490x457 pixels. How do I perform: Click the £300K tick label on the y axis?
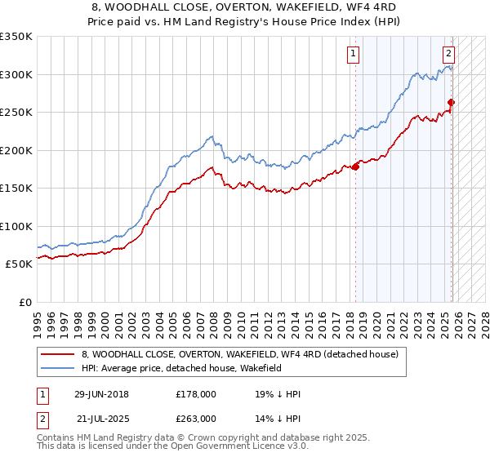point(16,74)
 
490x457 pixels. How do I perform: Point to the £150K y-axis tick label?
point(16,188)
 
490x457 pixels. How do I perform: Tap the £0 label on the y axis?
point(24,302)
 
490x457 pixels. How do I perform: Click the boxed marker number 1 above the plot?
point(353,55)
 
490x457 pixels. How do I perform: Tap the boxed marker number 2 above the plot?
point(449,55)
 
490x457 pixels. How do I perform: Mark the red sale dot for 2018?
point(355,167)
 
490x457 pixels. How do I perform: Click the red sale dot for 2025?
point(452,103)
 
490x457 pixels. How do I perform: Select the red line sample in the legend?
point(58,354)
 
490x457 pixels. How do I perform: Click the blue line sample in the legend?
point(58,368)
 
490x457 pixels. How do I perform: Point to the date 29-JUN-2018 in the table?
point(101,394)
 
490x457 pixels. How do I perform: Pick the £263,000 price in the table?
point(196,419)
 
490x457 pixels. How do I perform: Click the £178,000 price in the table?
point(196,394)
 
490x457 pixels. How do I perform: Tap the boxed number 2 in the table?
point(42,419)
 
